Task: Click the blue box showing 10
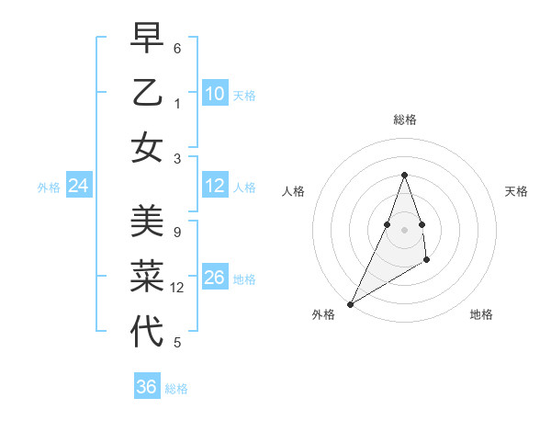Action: coord(215,94)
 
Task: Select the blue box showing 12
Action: coord(215,187)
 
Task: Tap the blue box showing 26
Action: coord(215,278)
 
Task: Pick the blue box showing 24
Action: coord(79,187)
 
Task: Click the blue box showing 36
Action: coord(147,387)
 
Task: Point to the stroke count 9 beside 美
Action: coord(176,233)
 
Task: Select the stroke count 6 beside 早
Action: coord(176,48)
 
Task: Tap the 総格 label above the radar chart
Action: coord(404,119)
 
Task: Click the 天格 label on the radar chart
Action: coord(516,191)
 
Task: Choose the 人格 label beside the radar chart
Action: coord(293,191)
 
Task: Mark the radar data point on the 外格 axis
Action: coord(350,303)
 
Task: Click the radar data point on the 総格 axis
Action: coord(404,175)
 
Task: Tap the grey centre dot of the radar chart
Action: coord(404,229)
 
